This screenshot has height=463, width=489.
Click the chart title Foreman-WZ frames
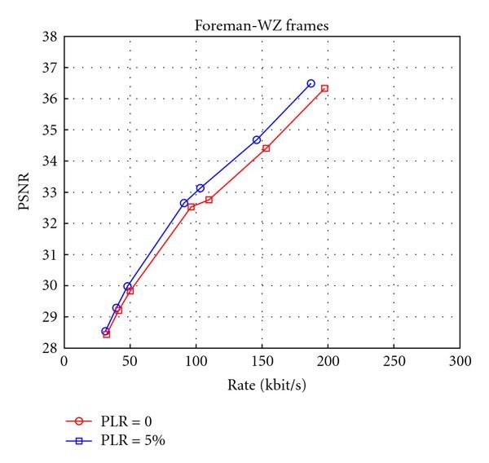tap(261, 24)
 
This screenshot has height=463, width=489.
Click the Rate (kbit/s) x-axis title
tap(261, 384)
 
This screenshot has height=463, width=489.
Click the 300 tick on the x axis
tap(460, 360)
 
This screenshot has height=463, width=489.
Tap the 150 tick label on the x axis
tap(262, 360)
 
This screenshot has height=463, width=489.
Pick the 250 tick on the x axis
tap(394, 360)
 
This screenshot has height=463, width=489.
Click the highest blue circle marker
tap(311, 83)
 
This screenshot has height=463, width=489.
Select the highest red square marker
tap(324, 88)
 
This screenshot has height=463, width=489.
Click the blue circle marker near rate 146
tap(257, 140)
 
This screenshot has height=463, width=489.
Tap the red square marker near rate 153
tap(266, 148)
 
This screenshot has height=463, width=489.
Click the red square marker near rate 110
tap(209, 200)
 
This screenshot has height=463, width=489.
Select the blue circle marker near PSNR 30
tap(127, 287)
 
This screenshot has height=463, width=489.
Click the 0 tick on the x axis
tap(64, 360)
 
